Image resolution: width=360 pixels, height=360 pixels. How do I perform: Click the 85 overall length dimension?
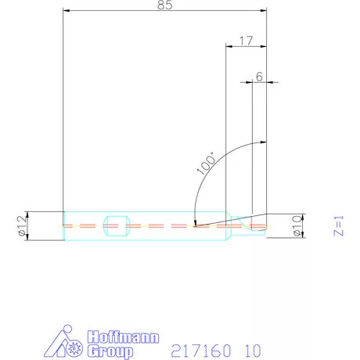(x=164, y=5)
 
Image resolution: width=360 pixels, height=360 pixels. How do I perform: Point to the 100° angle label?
(x=205, y=160)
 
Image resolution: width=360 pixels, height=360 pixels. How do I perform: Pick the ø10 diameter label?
(x=297, y=226)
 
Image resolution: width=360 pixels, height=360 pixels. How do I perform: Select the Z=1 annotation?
(x=338, y=225)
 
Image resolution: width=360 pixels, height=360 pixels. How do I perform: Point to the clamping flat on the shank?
(x=117, y=226)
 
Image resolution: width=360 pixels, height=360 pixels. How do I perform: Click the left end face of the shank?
(x=63, y=226)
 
